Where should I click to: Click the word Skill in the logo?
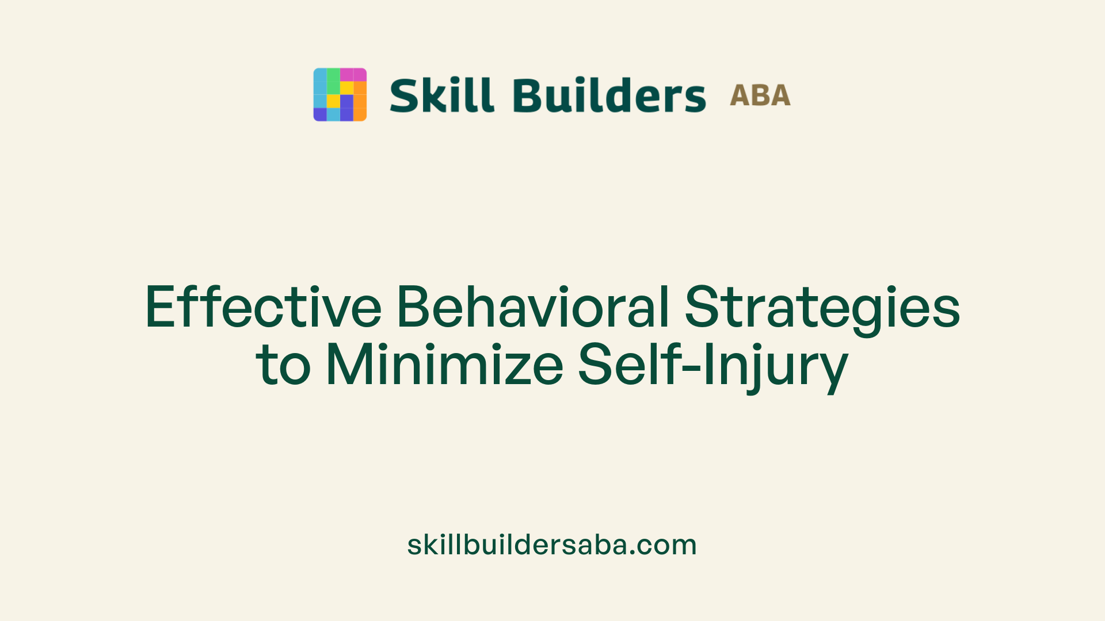(x=441, y=95)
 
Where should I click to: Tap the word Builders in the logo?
(x=609, y=95)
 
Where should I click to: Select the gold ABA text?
(x=760, y=95)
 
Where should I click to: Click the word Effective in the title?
(x=263, y=307)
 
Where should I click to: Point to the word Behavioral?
(x=533, y=307)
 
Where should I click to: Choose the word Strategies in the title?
(x=822, y=307)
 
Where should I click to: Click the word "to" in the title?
(x=283, y=365)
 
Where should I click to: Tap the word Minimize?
(x=444, y=365)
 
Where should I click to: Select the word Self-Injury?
(x=713, y=365)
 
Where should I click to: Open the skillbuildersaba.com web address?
(x=552, y=545)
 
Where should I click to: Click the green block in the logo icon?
(x=333, y=81)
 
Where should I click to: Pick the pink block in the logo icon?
(x=353, y=75)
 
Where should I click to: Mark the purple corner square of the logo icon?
(x=320, y=114)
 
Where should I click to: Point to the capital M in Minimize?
(x=346, y=365)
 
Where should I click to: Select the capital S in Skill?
(x=403, y=95)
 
